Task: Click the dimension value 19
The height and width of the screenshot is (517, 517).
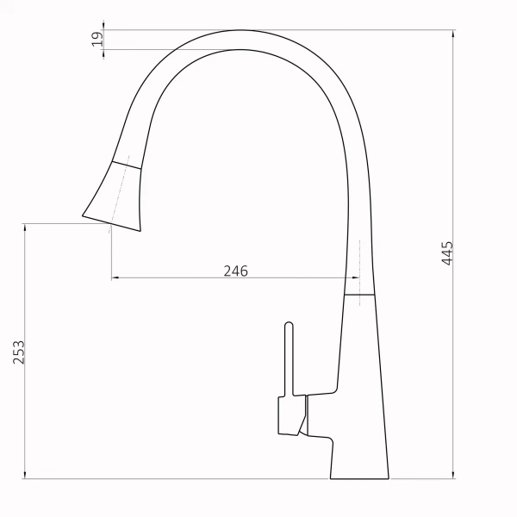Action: tap(97, 39)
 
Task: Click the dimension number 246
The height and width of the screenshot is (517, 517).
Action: tap(235, 271)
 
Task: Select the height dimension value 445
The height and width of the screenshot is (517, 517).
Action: tap(446, 253)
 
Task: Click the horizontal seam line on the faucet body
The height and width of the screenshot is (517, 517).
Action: tap(359, 294)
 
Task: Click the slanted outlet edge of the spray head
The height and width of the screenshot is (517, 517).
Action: tap(112, 221)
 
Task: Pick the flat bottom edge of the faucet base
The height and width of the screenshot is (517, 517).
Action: tap(359, 479)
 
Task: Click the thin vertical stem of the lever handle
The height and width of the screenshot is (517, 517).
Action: tap(290, 362)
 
